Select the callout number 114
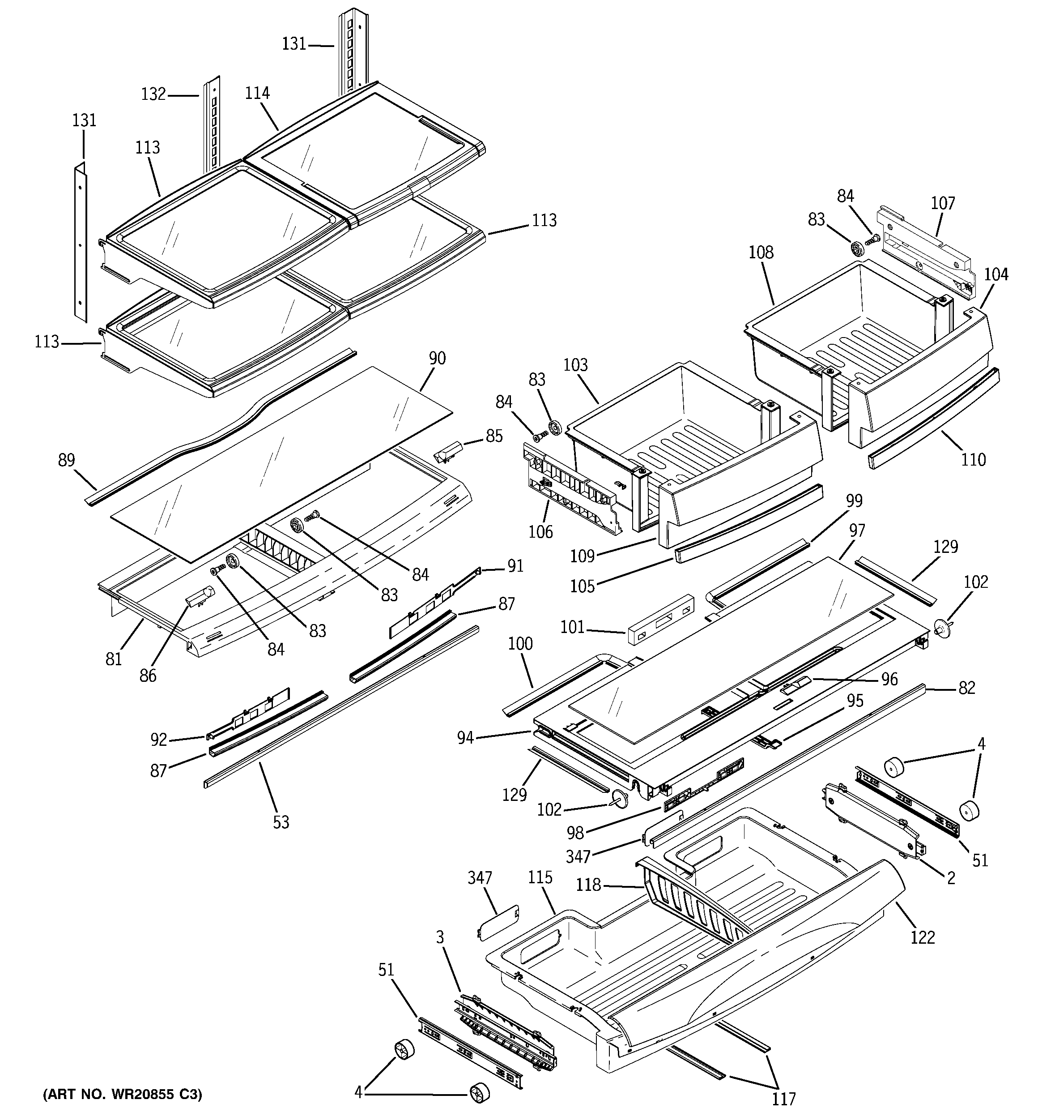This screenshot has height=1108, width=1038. coord(257,93)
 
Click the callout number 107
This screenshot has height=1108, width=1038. coord(943,203)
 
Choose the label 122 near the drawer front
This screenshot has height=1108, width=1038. coord(922,937)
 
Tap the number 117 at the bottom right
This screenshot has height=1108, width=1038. coord(783,1099)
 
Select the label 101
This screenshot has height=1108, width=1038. coord(572,628)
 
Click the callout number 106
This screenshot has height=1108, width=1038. coord(540,532)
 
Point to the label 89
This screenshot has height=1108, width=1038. coord(66,460)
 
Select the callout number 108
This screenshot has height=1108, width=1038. coord(761,252)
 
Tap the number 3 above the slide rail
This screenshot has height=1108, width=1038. coord(440,938)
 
